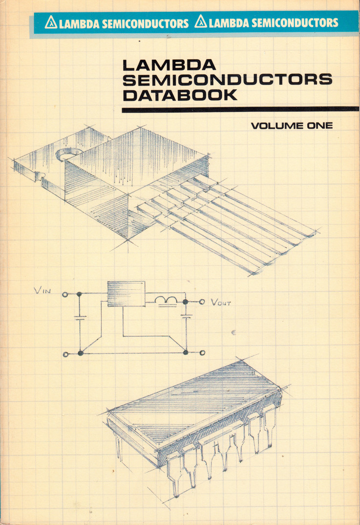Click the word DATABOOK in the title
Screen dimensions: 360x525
(x=180, y=95)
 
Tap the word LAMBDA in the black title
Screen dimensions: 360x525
(x=169, y=65)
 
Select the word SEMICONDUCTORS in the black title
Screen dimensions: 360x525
(x=228, y=80)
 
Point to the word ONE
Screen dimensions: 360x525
(x=319, y=126)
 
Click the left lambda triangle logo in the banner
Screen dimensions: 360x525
(x=51, y=22)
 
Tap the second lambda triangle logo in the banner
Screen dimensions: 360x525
(x=200, y=22)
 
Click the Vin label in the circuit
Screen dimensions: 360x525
(x=42, y=290)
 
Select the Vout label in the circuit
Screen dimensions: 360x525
(x=220, y=303)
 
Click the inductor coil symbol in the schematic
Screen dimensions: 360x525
(x=166, y=301)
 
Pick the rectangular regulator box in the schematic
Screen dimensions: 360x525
(x=126, y=294)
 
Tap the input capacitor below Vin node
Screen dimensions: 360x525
(x=80, y=318)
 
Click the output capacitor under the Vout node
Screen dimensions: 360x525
(x=186, y=316)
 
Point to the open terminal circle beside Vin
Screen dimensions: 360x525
(x=65, y=295)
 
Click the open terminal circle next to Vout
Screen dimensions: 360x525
(x=202, y=302)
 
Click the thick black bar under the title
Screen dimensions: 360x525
(x=240, y=109)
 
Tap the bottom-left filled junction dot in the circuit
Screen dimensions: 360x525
(x=80, y=353)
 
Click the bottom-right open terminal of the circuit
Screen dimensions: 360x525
(x=202, y=352)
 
